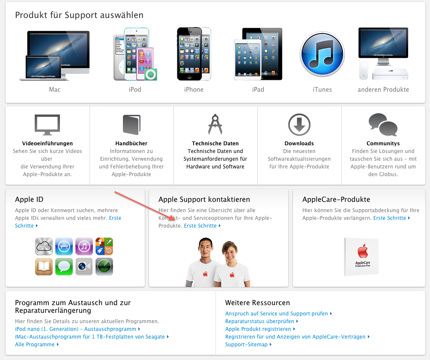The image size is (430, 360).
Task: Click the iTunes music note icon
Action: (322, 54)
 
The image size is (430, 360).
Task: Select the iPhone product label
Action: (194, 90)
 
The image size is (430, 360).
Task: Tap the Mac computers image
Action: (54, 55)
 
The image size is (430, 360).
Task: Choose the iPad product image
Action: (258, 54)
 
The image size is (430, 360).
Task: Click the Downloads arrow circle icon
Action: (299, 125)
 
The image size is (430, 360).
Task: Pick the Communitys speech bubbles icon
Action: (383, 125)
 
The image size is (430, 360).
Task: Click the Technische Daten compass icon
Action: (215, 125)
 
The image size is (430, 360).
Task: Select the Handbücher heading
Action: (131, 144)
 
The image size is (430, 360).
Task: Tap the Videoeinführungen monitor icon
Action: (47, 125)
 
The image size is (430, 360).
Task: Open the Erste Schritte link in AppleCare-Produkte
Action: (390, 218)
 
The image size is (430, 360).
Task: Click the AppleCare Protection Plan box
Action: (361, 256)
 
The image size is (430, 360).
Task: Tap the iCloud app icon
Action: (44, 246)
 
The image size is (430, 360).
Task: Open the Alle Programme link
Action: (35, 345)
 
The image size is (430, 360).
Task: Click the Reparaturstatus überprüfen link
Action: (260, 321)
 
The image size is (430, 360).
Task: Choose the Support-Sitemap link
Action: (246, 345)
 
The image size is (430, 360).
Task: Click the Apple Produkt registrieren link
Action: (258, 329)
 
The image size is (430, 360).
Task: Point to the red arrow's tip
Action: (175, 220)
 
